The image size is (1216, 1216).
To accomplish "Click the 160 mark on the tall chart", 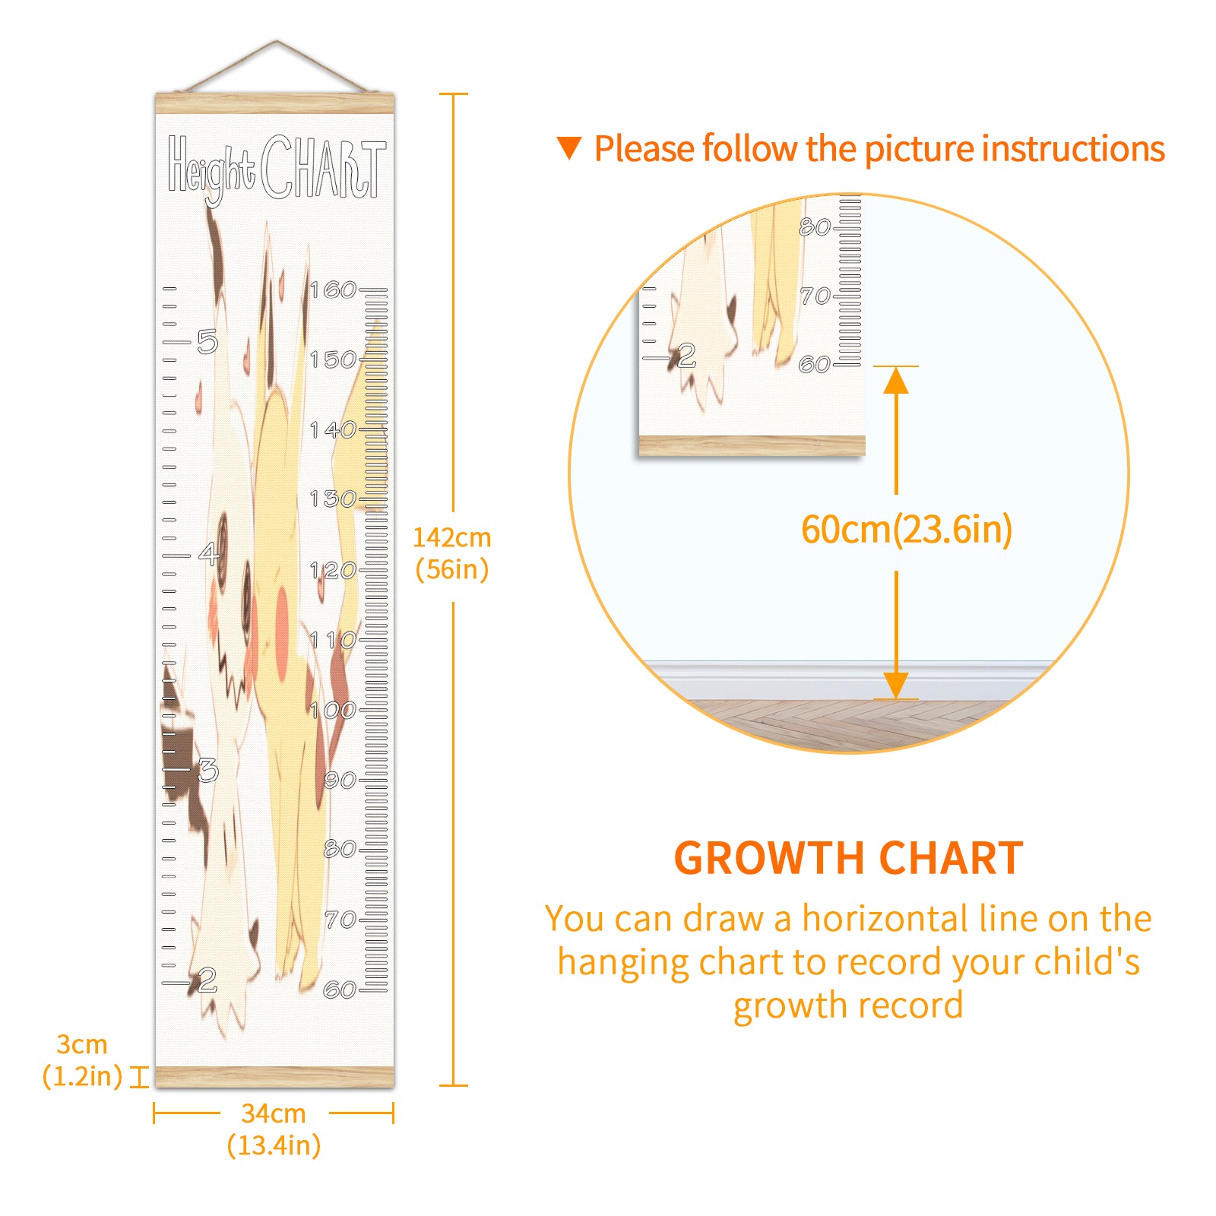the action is [333, 290].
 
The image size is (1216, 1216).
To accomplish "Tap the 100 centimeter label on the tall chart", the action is [333, 710].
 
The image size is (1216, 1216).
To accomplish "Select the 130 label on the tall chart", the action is [333, 499].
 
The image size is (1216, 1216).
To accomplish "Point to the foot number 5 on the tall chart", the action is [207, 341].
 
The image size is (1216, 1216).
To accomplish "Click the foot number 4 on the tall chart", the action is [208, 553].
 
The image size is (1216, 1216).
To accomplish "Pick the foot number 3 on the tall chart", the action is [207, 770].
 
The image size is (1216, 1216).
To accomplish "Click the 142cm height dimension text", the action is [451, 553].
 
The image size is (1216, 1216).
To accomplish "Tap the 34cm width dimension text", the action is [274, 1129].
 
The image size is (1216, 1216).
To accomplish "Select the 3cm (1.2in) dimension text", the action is [82, 1060].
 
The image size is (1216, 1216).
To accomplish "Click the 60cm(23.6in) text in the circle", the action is [907, 530].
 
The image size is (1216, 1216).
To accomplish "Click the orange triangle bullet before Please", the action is [569, 148].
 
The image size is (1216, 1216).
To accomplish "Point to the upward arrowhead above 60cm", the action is [896, 380].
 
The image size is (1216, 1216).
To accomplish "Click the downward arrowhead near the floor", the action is [896, 686].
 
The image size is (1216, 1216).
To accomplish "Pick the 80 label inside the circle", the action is [815, 226].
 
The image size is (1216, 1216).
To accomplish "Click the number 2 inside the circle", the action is [686, 356].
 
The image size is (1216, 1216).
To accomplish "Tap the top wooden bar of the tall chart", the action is [275, 103].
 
